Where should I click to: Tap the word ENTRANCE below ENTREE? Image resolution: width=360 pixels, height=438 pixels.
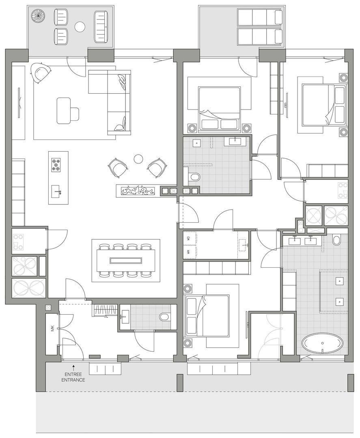(73, 380)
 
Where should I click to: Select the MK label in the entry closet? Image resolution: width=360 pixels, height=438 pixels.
(52, 328)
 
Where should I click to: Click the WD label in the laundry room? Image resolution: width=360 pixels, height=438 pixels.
(189, 238)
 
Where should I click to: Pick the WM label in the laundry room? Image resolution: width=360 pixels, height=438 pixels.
(189, 252)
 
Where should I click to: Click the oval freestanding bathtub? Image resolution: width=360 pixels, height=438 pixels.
(323, 344)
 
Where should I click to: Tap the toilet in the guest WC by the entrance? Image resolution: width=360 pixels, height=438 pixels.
(165, 316)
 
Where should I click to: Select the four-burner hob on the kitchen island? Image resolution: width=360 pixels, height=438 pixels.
(56, 165)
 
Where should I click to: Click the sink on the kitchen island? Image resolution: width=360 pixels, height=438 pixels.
(56, 189)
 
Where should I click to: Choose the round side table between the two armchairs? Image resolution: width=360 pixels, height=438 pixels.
(139, 159)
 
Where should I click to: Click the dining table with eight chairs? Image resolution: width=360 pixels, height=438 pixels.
(126, 260)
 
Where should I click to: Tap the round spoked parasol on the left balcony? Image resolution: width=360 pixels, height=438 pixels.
(38, 16)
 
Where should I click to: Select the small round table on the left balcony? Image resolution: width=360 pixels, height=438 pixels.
(80, 27)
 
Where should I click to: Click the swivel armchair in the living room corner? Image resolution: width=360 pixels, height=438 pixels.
(41, 73)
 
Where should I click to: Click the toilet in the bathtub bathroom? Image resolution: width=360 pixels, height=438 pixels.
(336, 240)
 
